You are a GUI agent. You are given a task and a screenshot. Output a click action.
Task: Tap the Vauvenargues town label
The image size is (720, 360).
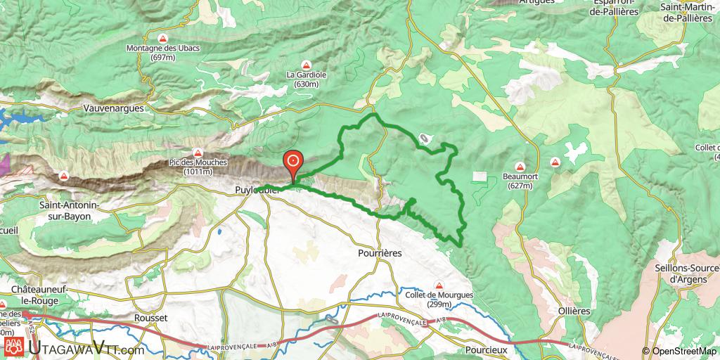(112, 109)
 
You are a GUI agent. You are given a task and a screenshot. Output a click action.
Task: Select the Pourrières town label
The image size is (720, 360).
(380, 253)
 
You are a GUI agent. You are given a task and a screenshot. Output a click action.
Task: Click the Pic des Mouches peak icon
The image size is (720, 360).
(198, 153)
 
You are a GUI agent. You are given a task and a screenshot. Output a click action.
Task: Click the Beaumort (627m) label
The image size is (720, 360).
(520, 181)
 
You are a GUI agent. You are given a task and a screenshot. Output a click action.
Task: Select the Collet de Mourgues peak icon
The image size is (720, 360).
(439, 285)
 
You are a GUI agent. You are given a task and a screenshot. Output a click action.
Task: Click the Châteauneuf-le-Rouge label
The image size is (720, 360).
(43, 295)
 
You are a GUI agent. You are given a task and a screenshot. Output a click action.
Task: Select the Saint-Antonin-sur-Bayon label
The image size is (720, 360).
(65, 212)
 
